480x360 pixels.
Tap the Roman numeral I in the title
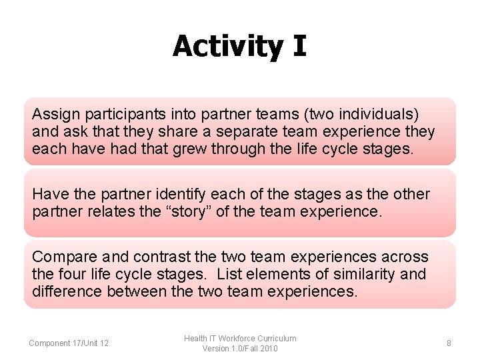coord(298,47)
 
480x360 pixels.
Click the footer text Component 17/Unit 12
coord(69,343)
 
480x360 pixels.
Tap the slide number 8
coord(449,343)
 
